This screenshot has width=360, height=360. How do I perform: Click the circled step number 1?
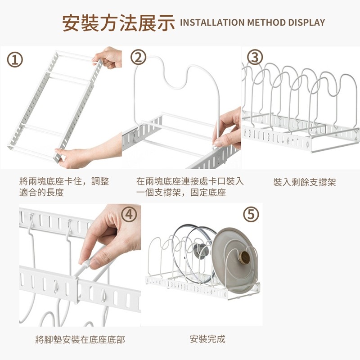pos(15,60)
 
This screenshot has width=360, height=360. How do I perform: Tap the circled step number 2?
pos(139,57)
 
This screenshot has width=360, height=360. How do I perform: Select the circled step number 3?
pos(255,57)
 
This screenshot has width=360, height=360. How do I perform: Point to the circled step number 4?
pos(129,215)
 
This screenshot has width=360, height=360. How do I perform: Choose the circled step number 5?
pos(251,214)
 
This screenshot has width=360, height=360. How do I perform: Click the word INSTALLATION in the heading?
pos(212,22)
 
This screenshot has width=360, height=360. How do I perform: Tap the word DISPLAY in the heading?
pos(306,22)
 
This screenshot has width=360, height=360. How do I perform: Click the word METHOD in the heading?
pos(266,22)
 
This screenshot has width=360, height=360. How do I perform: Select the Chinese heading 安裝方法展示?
pos(118,23)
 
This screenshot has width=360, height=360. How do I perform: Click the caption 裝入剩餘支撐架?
pos(305,182)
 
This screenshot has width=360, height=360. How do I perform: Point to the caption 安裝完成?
pos(207,339)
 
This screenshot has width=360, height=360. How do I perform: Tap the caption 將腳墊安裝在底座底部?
pos(80,340)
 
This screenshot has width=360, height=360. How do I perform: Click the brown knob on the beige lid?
pos(245,257)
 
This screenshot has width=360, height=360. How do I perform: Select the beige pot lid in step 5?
pos(234,261)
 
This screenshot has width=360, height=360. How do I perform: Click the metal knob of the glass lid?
pos(201,251)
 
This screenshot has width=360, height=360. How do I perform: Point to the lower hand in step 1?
pos(88,152)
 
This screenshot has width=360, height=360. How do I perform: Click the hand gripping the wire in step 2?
pos(227,129)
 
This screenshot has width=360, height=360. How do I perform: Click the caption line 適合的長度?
pos(41,192)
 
